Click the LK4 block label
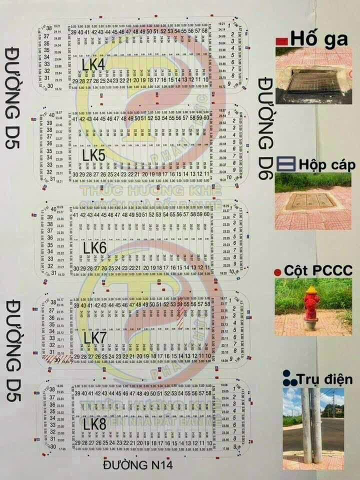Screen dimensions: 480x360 click(93, 64)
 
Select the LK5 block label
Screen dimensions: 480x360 click(94, 155)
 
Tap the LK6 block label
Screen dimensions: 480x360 click(95, 247)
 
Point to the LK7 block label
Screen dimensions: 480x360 click(95, 338)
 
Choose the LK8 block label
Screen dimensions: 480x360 click(94, 424)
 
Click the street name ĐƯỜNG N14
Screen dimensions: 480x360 click(138, 465)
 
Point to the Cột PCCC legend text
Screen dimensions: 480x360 click(318, 271)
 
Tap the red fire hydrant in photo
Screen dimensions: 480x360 click(311, 305)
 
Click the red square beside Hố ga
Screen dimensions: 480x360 click(281, 40)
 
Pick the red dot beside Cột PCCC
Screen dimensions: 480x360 click(277, 272)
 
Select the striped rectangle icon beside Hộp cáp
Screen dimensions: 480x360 click(285, 163)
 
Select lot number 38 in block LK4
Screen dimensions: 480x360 click(49, 27)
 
